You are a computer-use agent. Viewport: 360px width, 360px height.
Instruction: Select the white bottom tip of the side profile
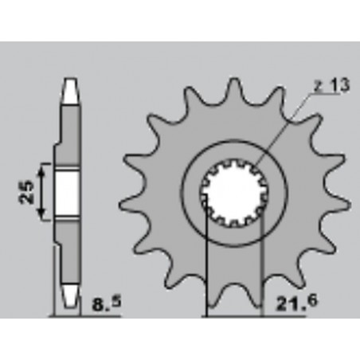pos(71,299)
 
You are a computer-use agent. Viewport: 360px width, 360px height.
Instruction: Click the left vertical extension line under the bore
pos(207,263)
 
